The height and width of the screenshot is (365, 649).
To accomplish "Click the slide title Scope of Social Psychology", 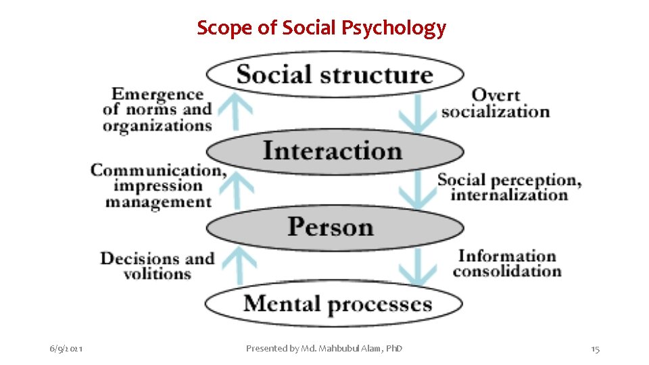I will point(321,28).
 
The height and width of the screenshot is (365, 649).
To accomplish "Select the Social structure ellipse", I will point(335,74).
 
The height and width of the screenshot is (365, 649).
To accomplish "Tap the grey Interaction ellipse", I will point(335,151).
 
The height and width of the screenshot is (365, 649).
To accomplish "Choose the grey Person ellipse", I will point(335,227).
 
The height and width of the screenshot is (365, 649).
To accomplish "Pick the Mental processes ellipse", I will point(335,303).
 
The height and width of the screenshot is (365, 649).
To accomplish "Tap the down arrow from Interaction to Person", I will point(417,189).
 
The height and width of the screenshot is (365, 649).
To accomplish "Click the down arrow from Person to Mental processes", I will point(417,266).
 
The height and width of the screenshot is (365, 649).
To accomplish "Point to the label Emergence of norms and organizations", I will point(158,109).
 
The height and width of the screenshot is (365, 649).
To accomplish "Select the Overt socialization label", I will point(495,103).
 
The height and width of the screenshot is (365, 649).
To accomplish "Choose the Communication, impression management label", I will point(159,186).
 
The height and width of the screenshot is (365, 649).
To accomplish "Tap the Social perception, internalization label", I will point(509,187).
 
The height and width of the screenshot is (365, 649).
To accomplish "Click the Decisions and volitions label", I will point(158,266).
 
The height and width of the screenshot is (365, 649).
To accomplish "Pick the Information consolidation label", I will point(507,264).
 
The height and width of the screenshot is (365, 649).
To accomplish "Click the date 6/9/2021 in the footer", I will point(66,349).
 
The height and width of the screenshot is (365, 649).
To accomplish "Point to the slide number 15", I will point(595,349).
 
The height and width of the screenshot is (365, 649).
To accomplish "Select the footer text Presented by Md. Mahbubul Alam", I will point(324,349).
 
